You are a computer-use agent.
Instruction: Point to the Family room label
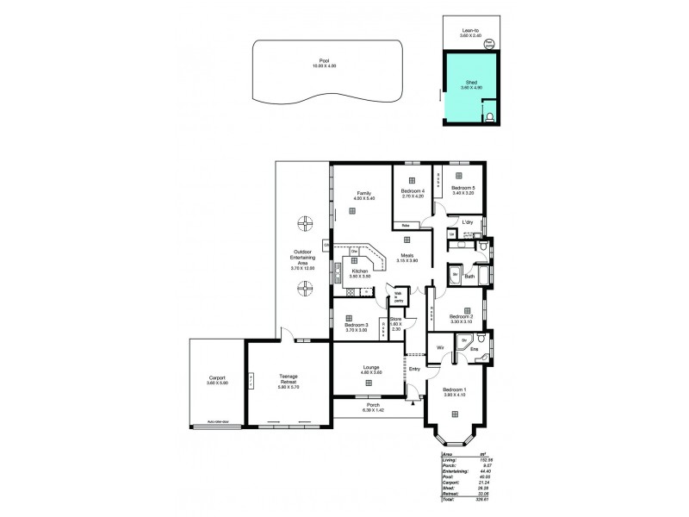354,193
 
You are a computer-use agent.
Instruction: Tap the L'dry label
468,222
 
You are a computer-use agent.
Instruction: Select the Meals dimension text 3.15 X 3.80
407,260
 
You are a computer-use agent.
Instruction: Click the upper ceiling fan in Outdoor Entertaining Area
305,226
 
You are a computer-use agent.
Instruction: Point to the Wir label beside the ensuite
440,347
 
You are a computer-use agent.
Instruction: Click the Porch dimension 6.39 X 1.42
374,409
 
